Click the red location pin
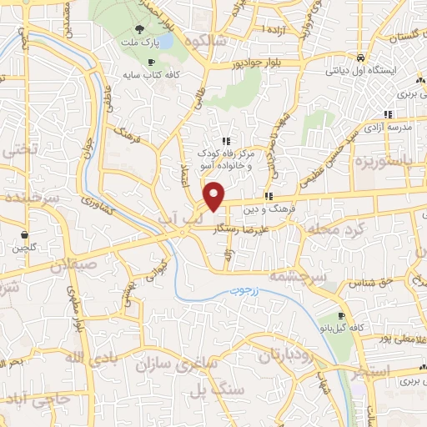pyautogui.click(x=215, y=196)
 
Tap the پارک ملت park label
pyautogui.click(x=138, y=42)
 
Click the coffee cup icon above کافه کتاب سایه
pyautogui.click(x=150, y=63)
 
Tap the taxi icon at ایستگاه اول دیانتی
pyautogui.click(x=359, y=58)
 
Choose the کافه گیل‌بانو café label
pyautogui.click(x=331, y=329)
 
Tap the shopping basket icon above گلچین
pyautogui.click(x=25, y=237)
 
